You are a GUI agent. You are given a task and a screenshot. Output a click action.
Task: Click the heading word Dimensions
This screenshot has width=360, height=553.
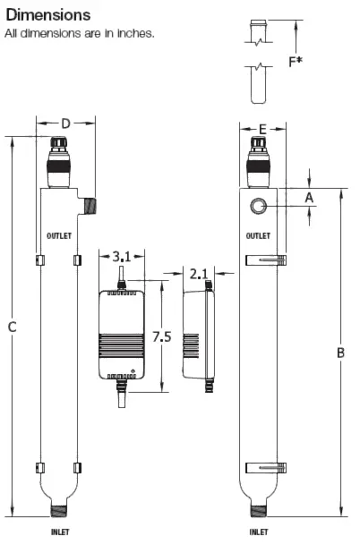48,15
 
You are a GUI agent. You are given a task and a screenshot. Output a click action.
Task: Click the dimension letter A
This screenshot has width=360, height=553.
309,197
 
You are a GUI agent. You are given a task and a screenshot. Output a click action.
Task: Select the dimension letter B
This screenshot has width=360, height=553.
340,353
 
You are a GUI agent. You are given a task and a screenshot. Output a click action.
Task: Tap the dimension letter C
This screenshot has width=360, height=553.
12,328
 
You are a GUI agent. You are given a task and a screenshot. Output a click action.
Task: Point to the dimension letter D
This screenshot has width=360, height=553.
64,123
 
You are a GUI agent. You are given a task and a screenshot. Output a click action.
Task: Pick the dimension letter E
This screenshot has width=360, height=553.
262,130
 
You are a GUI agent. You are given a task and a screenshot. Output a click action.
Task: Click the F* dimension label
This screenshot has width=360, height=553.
320,62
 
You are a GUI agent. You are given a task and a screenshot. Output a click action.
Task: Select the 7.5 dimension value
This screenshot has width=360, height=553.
161,336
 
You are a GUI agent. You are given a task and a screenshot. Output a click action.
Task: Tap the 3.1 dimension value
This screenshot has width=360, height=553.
122,257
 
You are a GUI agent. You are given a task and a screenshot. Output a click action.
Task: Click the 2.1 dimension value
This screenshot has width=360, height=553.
200,272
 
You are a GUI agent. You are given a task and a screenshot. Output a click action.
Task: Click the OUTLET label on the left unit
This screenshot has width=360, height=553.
58,236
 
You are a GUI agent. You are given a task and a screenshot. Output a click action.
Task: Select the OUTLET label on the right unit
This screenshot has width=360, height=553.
259,236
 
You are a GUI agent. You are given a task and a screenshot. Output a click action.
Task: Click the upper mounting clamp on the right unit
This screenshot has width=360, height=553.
266,260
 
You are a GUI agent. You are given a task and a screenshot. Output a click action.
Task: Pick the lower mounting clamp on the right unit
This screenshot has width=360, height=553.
266,467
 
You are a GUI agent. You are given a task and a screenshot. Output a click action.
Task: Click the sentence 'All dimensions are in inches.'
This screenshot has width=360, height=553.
80,34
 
